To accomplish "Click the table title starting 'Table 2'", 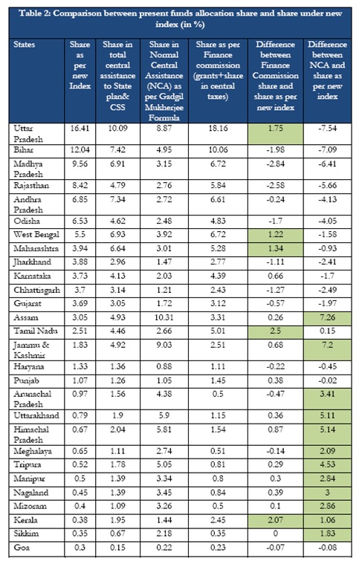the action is (180, 19).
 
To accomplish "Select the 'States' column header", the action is (25, 45).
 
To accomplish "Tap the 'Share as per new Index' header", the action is (80, 65).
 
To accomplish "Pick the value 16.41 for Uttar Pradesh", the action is (80, 129).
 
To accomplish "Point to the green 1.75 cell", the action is (276, 134).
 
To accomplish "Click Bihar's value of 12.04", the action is (80, 149).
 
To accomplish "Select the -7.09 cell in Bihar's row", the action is (327, 149).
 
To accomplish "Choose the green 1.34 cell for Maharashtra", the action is (276, 249).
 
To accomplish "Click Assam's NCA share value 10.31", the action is (164, 317).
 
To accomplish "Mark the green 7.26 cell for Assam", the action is (327, 318).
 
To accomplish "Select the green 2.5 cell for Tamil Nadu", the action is (276, 331).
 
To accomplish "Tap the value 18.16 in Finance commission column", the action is (218, 129).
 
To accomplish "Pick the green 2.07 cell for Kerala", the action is (276, 520).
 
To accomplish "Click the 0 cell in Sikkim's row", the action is (276, 534).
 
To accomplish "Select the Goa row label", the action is (22, 548).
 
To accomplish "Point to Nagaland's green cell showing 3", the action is (327, 493).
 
